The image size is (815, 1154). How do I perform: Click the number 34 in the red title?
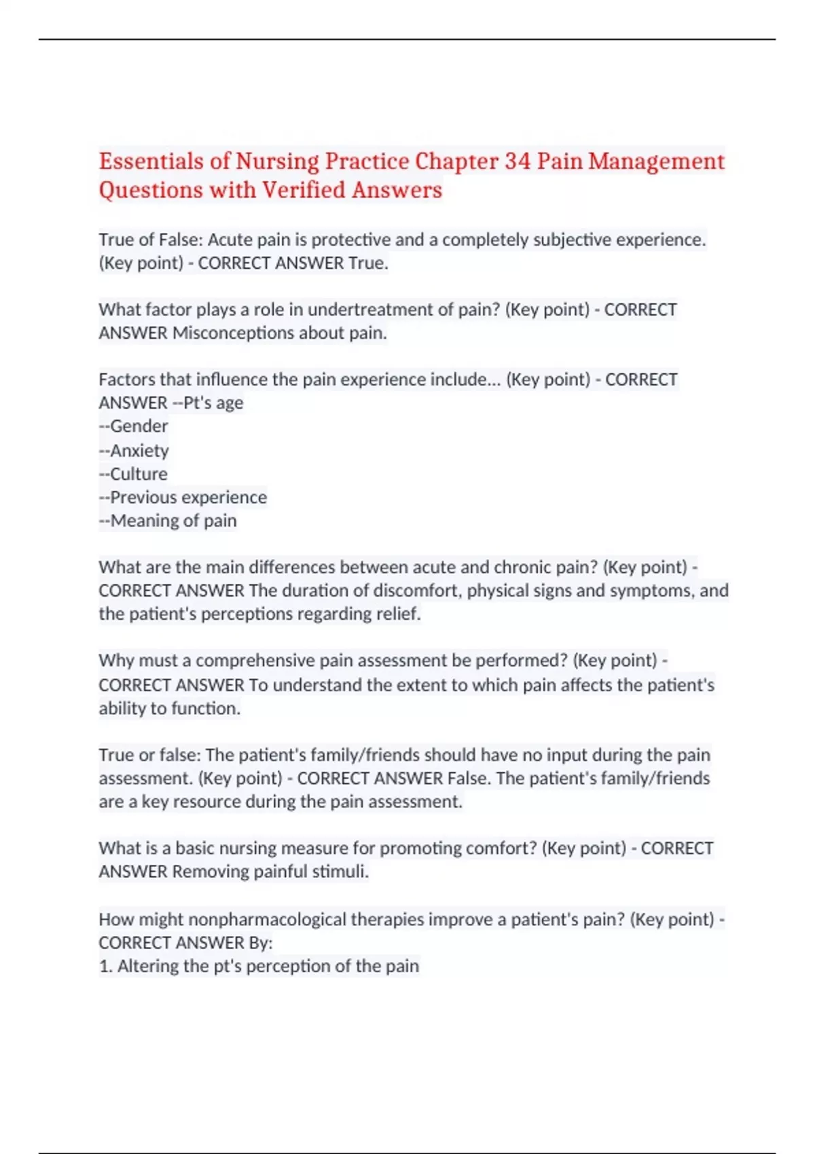pyautogui.click(x=518, y=162)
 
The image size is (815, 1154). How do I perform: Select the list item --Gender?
pyautogui.click(x=134, y=426)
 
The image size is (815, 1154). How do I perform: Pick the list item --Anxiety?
pyautogui.click(x=134, y=450)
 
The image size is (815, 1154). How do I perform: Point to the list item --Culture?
pyautogui.click(x=133, y=474)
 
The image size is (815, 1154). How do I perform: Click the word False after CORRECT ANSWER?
pyautogui.click(x=469, y=779)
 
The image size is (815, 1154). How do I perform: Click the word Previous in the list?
pyautogui.click(x=143, y=498)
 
